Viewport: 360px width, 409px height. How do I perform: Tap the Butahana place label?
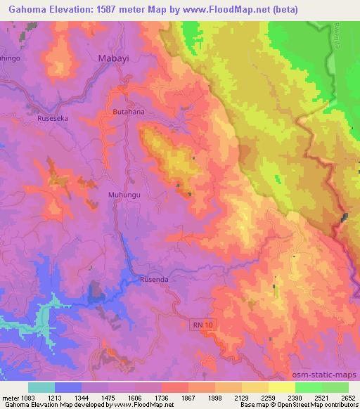click(x=128, y=112)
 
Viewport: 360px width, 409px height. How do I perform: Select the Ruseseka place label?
click(x=53, y=119)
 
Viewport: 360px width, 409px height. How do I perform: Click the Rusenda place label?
click(x=155, y=279)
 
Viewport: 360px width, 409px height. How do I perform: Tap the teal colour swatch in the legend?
click(x=41, y=387)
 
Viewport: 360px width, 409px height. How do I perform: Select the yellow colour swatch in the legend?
click(x=282, y=387)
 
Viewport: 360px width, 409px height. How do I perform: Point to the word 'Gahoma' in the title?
click(x=27, y=9)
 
